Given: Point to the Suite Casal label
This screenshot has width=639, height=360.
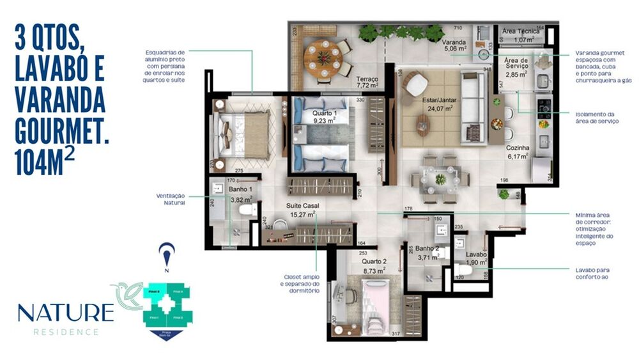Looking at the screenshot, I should point(302,207).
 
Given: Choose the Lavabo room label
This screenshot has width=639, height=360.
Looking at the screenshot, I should point(477,254).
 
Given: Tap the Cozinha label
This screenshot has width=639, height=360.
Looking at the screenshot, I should point(518,148).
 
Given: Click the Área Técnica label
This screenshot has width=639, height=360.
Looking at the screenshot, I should point(520,31).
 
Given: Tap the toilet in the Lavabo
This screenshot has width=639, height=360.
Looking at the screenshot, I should point(465,270).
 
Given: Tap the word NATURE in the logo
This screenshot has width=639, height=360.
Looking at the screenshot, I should point(65,313).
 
